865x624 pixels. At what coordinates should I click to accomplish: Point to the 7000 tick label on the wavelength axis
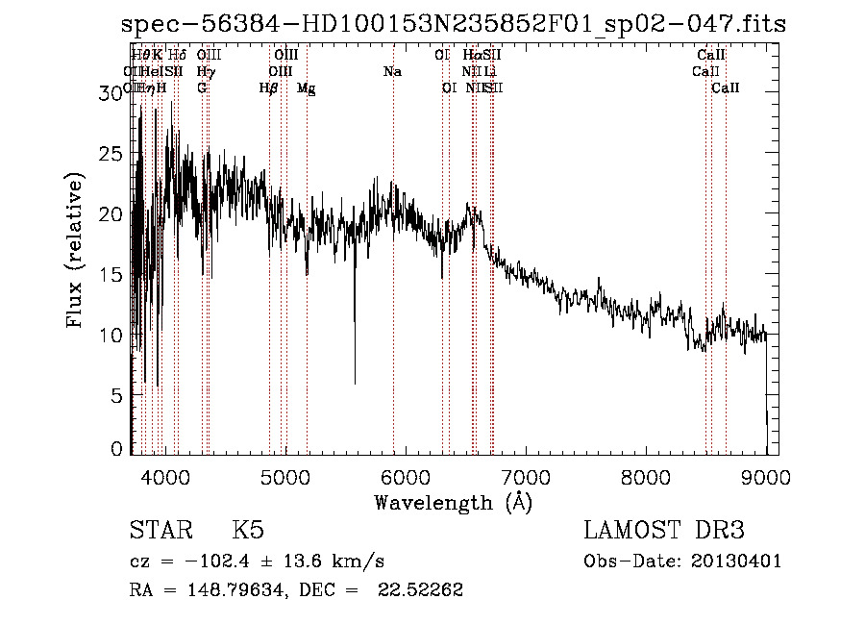tap(526, 476)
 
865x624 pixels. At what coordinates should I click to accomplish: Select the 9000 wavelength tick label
tap(766, 476)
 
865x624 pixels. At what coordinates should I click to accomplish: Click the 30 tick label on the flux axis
tap(112, 92)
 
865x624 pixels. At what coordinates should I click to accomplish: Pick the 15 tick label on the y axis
tap(112, 274)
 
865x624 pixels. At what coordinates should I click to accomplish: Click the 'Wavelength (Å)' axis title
tap(453, 501)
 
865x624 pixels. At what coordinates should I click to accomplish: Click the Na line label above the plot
tap(392, 72)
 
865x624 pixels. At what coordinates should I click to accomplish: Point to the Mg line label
tap(307, 88)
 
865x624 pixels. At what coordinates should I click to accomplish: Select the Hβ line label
tap(269, 88)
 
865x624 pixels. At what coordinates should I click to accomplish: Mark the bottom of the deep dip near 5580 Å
tap(355, 383)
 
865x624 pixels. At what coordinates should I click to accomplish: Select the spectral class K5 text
tap(248, 532)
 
